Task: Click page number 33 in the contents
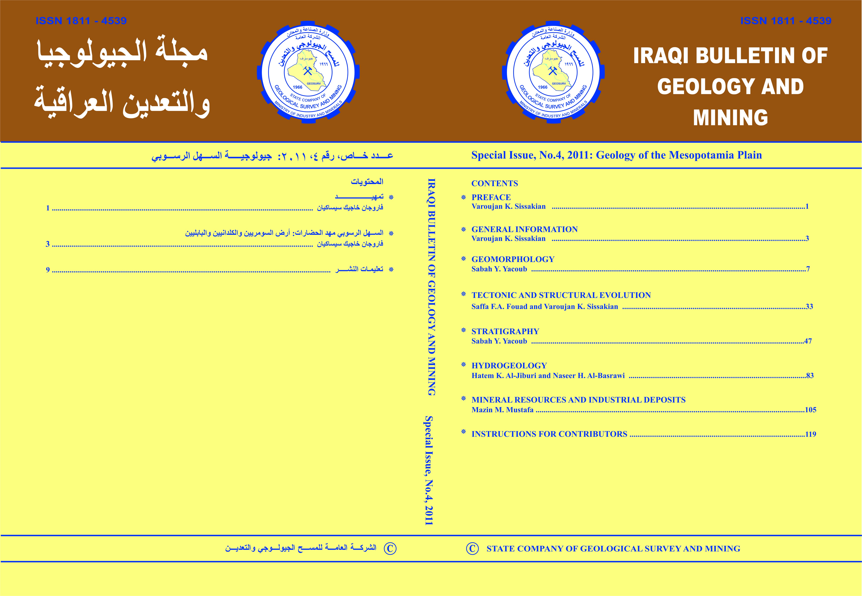pos(809,307)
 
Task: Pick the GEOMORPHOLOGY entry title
pos(513,259)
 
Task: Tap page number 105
pos(810,410)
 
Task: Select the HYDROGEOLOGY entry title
pos(509,366)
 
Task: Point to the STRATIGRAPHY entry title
pos(505,331)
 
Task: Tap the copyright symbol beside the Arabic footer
pos(390,549)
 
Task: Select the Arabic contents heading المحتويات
pos(367,182)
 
